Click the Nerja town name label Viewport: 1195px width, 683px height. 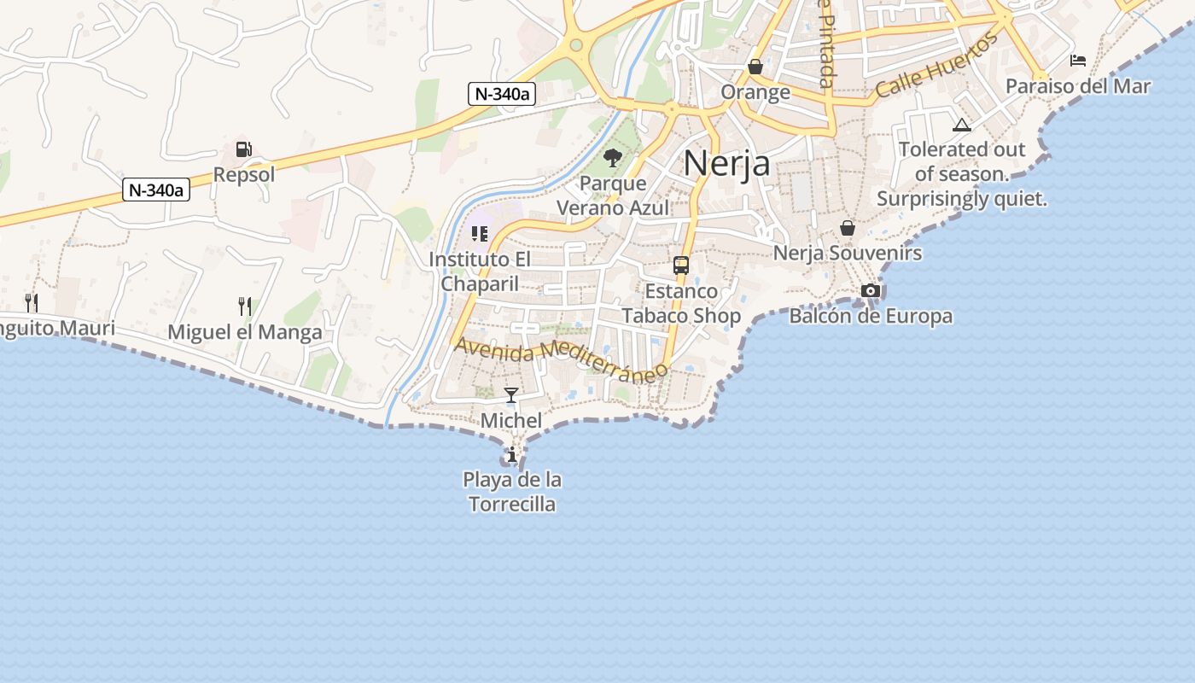tap(726, 163)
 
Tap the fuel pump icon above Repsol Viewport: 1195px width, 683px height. tap(244, 149)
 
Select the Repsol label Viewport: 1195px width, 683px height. tap(244, 175)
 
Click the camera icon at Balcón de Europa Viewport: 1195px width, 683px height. tap(871, 290)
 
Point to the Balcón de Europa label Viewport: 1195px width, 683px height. tap(871, 317)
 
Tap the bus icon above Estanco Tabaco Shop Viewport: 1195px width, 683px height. tap(681, 266)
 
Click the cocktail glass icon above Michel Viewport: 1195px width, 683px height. tap(511, 394)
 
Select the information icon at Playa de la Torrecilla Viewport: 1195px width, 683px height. tap(512, 455)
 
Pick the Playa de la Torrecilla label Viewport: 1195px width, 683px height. tap(512, 492)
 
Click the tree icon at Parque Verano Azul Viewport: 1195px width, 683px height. tap(612, 157)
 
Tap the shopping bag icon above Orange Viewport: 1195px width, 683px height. tap(755, 66)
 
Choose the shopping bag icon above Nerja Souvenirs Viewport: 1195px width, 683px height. tap(848, 228)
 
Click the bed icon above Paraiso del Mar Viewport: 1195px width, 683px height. tap(1078, 60)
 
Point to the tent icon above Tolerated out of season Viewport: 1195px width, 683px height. tap(962, 125)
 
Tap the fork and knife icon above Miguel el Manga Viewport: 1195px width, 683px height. tap(245, 306)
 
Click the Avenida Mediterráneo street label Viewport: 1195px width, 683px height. tap(561, 359)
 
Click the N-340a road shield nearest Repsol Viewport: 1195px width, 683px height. tap(156, 190)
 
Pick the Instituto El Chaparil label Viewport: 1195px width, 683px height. tap(480, 271)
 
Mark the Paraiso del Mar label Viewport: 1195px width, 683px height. tap(1078, 86)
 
